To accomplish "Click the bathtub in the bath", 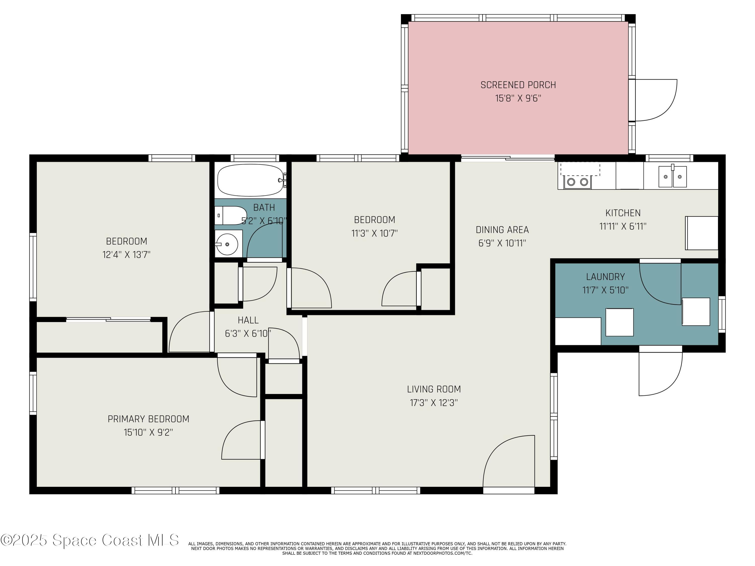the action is [252, 180].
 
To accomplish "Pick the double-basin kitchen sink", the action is [672, 176].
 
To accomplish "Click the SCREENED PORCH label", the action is [518, 85].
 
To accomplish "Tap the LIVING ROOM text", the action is [434, 389].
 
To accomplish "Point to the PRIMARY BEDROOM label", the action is [148, 419].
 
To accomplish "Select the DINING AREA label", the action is [502, 230].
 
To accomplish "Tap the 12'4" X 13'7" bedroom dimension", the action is [127, 255].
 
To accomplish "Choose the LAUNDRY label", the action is [606, 277].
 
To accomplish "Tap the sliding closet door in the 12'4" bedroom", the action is [108, 320].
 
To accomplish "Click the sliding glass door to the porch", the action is [508, 158].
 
